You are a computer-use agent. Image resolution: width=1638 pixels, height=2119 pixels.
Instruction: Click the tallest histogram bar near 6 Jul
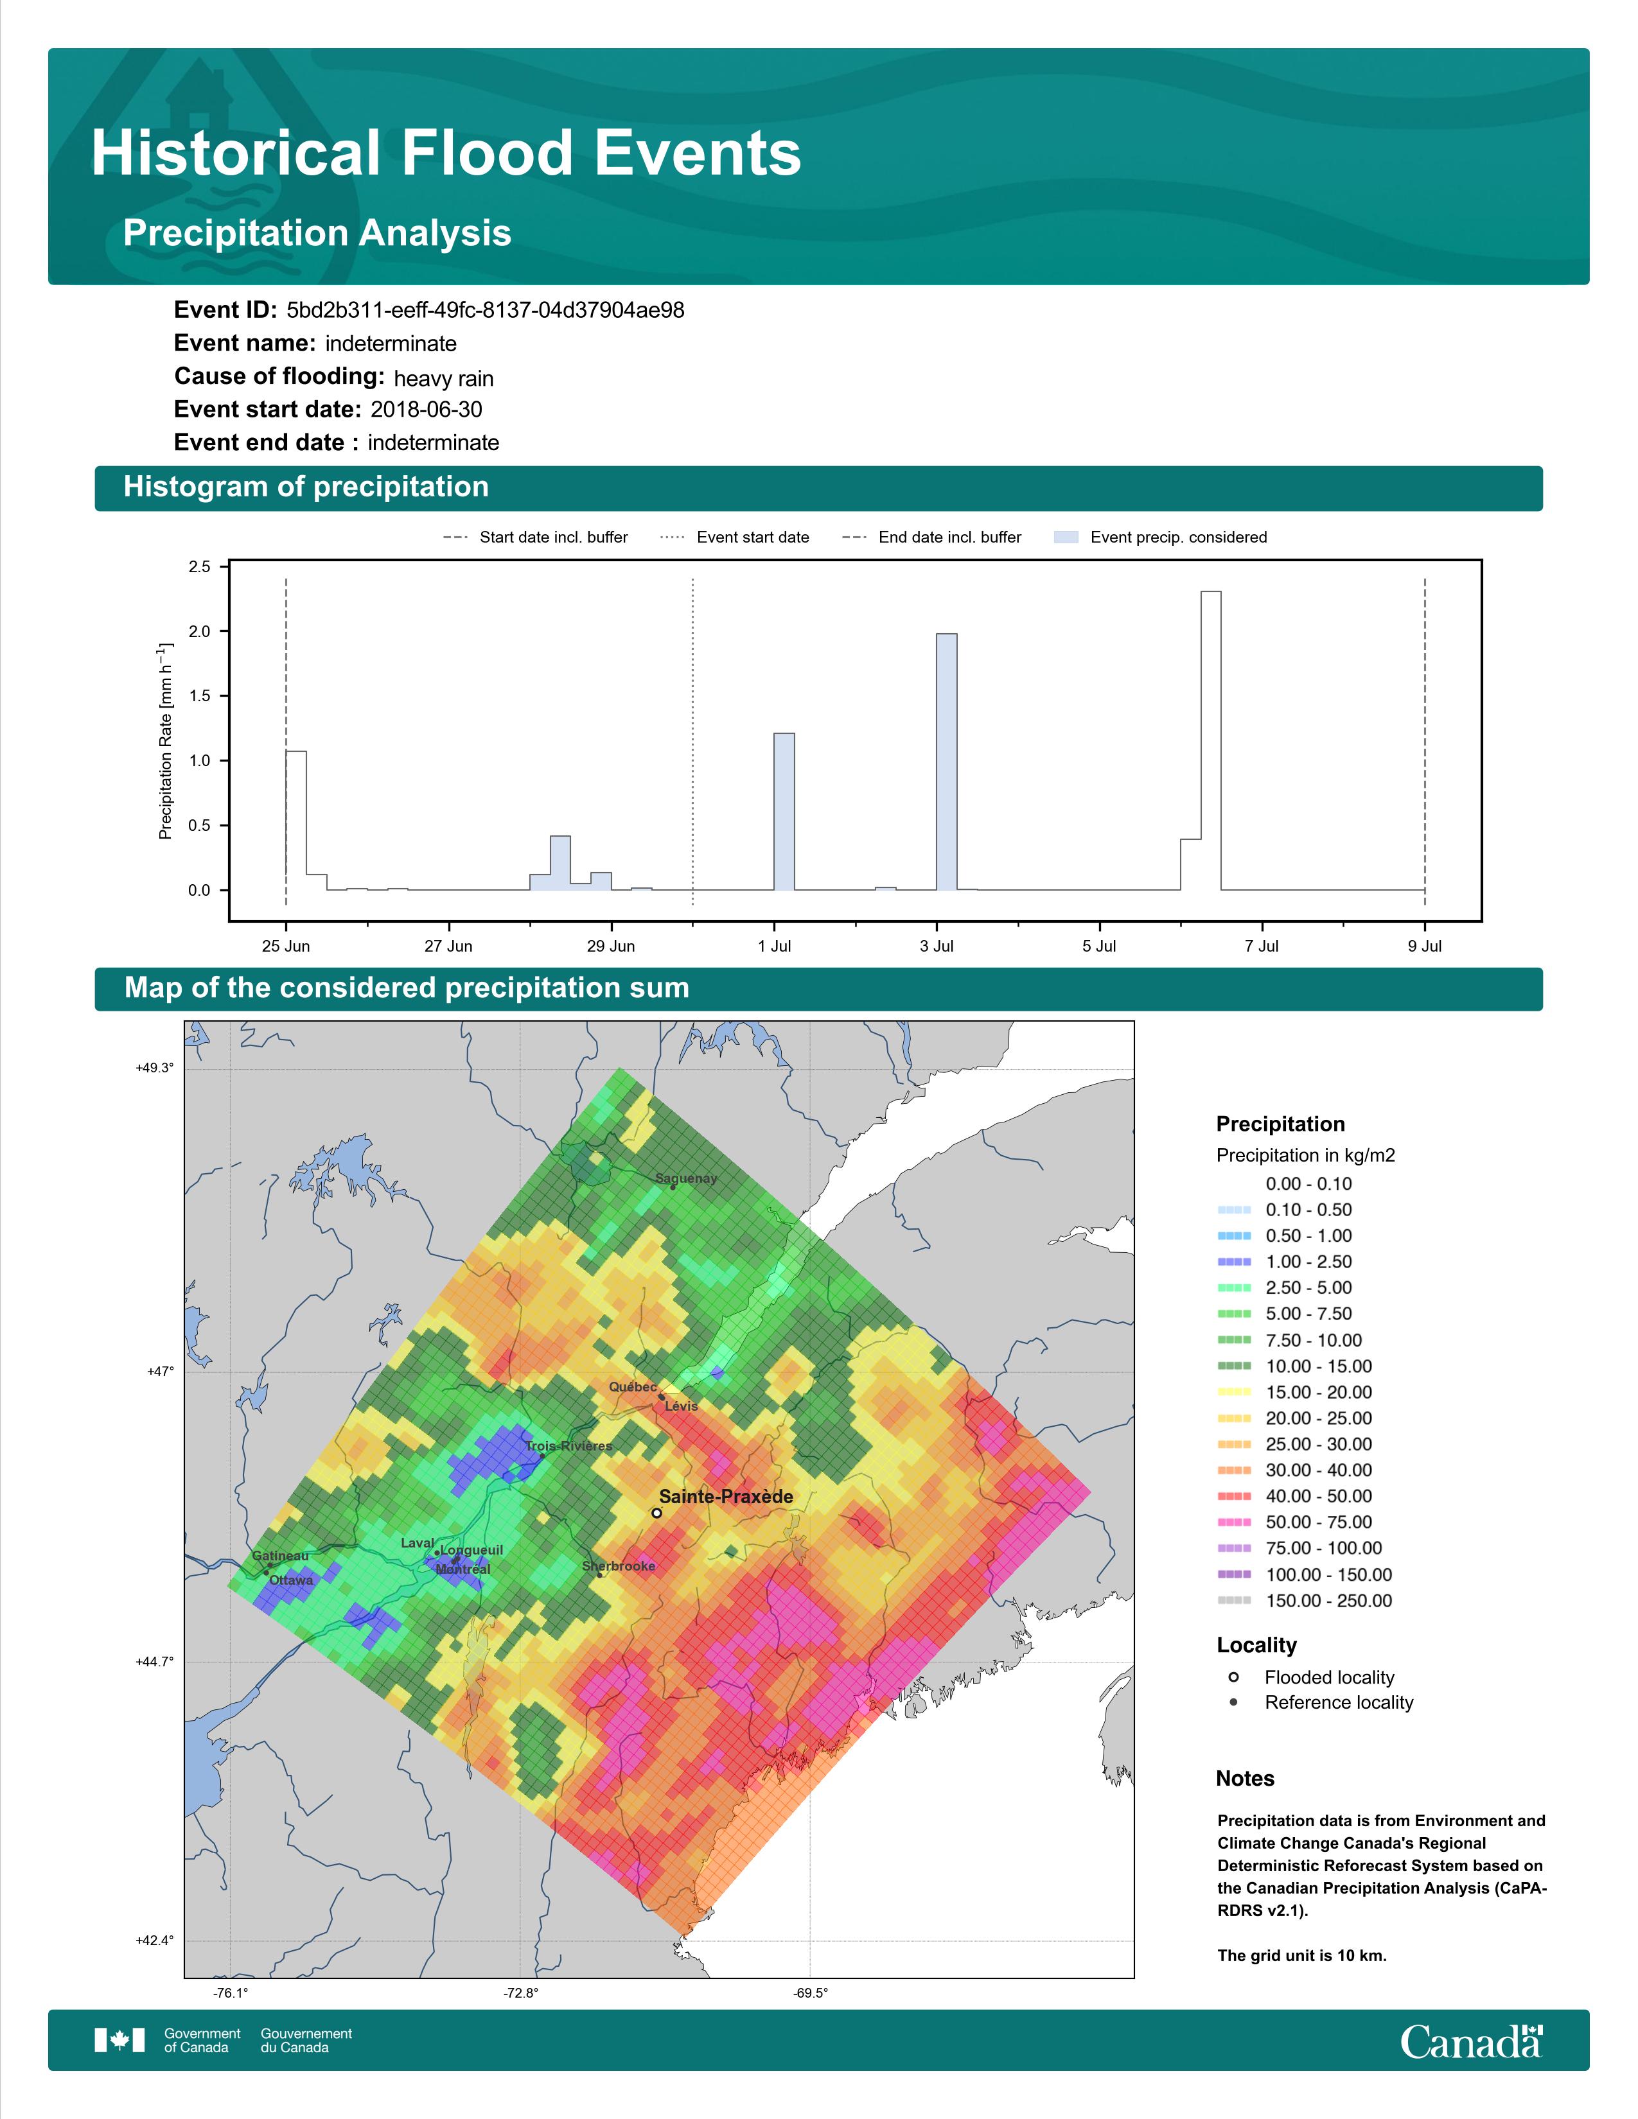(x=1210, y=740)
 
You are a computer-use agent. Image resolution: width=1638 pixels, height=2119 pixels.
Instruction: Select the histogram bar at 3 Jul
(x=946, y=762)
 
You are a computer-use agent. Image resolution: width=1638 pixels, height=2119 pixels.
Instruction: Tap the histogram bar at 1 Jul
(x=784, y=811)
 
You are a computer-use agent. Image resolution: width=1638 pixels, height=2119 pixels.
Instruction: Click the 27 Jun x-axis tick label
(x=448, y=946)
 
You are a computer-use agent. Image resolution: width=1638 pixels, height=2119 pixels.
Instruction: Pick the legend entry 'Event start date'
(x=735, y=537)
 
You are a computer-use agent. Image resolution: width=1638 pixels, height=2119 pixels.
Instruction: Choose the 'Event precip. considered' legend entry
(x=1161, y=537)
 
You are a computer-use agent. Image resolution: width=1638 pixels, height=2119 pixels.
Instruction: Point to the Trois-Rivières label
(x=568, y=1445)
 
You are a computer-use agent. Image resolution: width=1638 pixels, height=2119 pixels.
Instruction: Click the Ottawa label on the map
(x=291, y=1580)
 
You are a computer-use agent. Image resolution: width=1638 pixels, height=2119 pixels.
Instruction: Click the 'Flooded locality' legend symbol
(x=1233, y=1677)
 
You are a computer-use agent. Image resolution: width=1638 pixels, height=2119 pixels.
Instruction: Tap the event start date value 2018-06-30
(x=426, y=410)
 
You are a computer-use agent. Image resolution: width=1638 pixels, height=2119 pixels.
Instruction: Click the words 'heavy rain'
(x=443, y=378)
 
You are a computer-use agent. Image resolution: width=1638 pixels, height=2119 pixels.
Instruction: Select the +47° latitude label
(x=160, y=1371)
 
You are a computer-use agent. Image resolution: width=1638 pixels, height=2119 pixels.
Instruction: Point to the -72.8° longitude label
(x=520, y=1994)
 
